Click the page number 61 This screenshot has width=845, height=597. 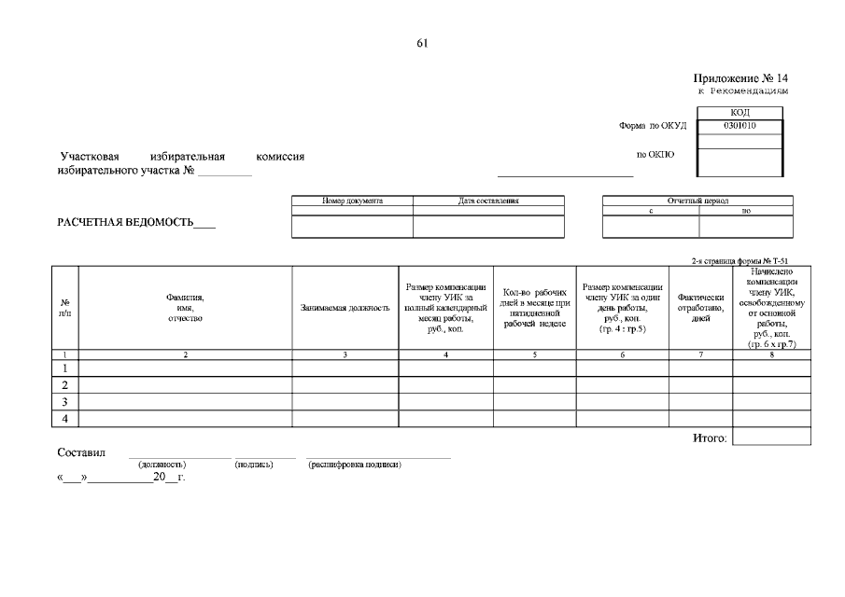(x=422, y=43)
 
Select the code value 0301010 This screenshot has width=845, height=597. (x=739, y=126)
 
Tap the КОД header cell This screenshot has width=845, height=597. (x=739, y=113)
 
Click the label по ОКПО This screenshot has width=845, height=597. (x=655, y=155)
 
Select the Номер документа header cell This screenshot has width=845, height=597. (x=352, y=201)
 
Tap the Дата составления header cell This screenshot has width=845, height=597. (x=488, y=201)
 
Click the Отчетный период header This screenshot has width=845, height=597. (x=697, y=201)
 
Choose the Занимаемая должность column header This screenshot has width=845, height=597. (x=345, y=308)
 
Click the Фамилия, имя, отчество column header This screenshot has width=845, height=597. (x=185, y=308)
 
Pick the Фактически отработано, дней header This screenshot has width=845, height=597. (x=700, y=308)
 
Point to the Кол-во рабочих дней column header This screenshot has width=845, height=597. (x=535, y=308)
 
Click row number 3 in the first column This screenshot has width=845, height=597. (x=65, y=402)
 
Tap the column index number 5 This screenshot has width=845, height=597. (x=534, y=354)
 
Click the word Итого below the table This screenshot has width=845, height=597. (x=710, y=437)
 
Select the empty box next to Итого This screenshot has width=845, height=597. (x=771, y=437)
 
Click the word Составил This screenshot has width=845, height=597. (x=81, y=452)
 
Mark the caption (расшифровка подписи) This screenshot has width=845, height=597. (x=355, y=465)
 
